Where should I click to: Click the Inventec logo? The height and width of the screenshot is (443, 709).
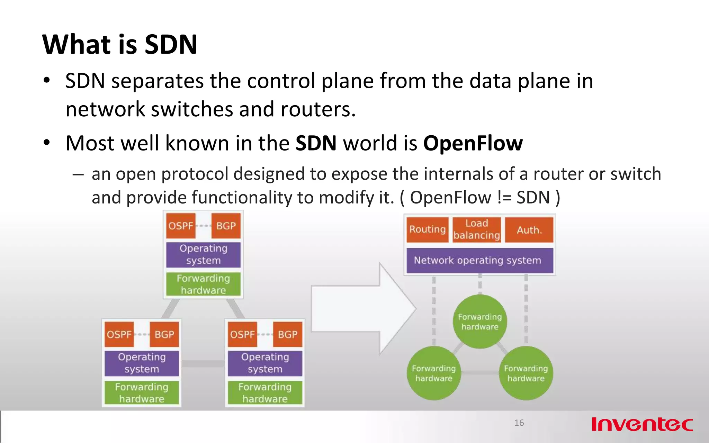pos(642,424)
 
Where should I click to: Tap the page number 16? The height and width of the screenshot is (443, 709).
pos(519,423)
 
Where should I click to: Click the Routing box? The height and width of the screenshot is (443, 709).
pos(428,229)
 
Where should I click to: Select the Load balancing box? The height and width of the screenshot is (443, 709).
pos(477,229)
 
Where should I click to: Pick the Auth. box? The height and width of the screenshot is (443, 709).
pos(529,230)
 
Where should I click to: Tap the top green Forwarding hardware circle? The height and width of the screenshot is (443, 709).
pos(480,322)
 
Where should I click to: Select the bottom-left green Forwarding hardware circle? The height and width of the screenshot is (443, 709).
pos(434,373)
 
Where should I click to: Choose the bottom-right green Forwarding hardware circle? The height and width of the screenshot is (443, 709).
pos(526,373)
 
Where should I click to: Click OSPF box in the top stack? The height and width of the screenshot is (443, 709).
pos(181,226)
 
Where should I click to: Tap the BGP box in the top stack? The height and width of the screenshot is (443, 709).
pos(226,226)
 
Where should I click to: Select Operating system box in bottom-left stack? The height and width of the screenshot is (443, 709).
pos(142,363)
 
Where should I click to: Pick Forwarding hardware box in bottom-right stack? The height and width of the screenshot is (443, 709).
pos(265,393)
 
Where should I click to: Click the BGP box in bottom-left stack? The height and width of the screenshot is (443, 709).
pos(164,334)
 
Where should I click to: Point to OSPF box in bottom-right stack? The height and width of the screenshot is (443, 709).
pos(242,334)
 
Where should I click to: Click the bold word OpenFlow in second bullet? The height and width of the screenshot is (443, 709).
pos(473,143)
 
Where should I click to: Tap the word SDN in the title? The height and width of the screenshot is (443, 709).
pos(171,45)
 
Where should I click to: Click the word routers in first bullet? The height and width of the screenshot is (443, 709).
pos(317,109)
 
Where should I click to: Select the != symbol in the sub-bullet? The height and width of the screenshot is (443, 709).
pos(504,198)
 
